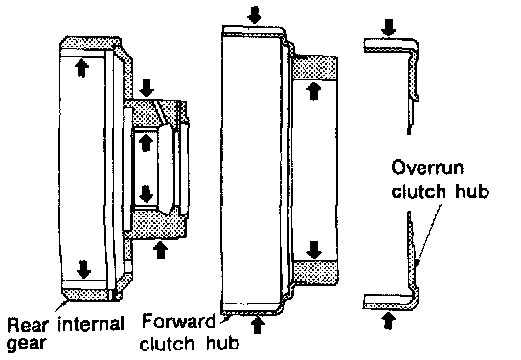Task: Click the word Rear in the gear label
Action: coord(28,325)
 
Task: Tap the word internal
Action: coord(91,325)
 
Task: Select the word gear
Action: coord(26,344)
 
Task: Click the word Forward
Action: coord(178,322)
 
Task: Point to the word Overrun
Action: coord(427,168)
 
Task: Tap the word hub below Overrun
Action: coord(472,191)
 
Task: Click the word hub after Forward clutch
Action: coord(222,343)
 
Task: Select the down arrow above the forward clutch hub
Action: coord(254,15)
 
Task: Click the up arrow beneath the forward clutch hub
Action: coord(257,325)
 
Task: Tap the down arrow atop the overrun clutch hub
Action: coord(389,28)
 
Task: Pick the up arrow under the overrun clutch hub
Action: coord(388,321)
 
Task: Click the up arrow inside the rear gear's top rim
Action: coord(81,68)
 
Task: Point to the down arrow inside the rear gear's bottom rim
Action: coord(83,269)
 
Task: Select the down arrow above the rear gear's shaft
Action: coord(147,88)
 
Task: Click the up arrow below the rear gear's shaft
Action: coord(161,251)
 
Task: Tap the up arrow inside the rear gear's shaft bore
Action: coord(146,143)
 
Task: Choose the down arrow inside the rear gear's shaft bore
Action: coord(146,194)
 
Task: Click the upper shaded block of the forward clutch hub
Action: coord(315,68)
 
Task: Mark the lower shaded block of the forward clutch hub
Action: coord(315,273)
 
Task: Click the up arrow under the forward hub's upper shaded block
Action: coord(314,91)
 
